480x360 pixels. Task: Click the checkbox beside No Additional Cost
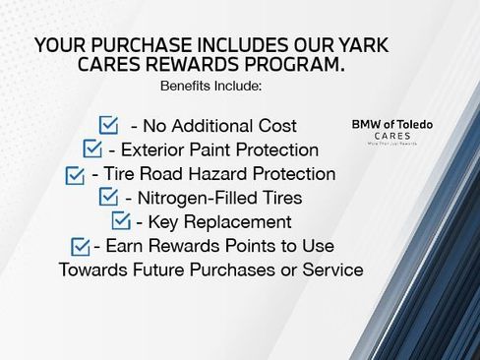coord(109,125)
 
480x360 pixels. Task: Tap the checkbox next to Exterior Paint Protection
coord(92,150)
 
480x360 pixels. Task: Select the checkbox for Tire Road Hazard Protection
coord(75,175)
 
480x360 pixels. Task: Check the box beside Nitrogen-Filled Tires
coord(109,198)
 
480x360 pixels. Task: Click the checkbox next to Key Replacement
coord(121,221)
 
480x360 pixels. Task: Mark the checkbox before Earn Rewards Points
coord(81,246)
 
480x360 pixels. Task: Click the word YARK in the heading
coord(362,46)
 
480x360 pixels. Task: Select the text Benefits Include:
coord(210,87)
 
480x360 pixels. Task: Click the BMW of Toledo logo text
coord(391,125)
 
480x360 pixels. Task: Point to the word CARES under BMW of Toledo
coord(391,137)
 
